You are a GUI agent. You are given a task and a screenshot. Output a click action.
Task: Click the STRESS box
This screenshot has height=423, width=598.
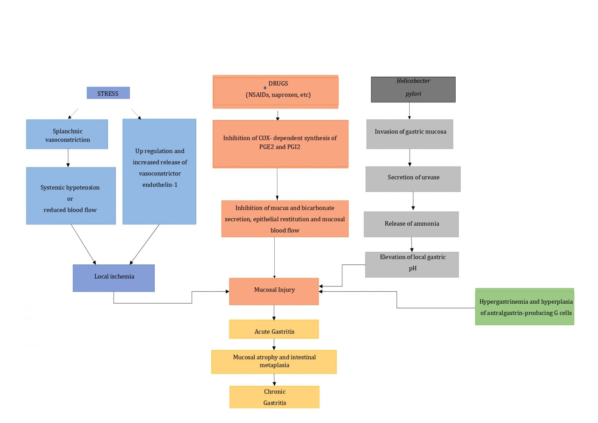[x=108, y=93]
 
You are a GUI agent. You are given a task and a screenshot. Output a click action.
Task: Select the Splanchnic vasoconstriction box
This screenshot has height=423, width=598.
[x=67, y=135]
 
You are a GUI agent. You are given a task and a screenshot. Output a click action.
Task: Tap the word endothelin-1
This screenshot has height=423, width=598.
[x=160, y=185]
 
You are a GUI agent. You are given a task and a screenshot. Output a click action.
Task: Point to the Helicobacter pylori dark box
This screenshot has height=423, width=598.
[x=413, y=89]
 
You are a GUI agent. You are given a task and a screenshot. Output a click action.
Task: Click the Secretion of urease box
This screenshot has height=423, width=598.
[x=413, y=178]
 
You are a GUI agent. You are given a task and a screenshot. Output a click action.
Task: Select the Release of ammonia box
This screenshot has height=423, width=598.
[x=411, y=224]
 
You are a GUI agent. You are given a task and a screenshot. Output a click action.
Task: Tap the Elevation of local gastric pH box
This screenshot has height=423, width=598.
[x=412, y=264]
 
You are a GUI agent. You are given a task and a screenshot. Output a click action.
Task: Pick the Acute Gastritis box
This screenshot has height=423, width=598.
[x=274, y=329]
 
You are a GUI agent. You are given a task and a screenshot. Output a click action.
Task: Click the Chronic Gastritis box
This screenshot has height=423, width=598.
[x=274, y=397]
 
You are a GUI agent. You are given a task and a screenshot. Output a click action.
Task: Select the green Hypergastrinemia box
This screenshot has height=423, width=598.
[x=524, y=307]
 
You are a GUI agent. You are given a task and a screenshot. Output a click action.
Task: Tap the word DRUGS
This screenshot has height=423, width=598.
[x=278, y=83]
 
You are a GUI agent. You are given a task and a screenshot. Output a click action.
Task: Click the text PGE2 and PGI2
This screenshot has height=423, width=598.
[x=280, y=147]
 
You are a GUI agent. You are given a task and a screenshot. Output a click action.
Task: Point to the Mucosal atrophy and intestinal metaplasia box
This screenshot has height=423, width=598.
[x=274, y=361]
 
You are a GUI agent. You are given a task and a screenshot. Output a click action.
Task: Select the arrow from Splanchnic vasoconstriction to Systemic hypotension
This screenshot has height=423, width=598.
[x=68, y=158]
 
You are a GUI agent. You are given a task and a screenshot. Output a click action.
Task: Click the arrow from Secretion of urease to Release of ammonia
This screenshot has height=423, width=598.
[x=413, y=201]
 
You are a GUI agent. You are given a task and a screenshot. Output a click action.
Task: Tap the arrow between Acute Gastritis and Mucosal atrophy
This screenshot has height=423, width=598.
[x=274, y=344]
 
